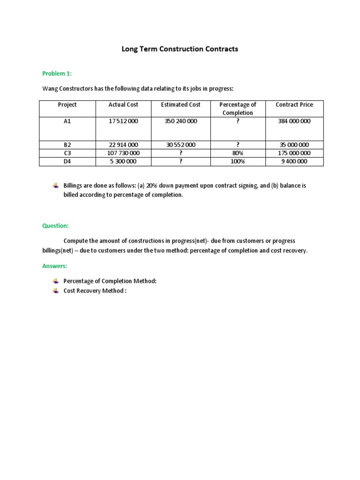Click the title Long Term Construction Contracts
pyautogui.click(x=180, y=49)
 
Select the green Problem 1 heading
pyautogui.click(x=57, y=74)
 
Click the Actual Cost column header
pyautogui.click(x=123, y=105)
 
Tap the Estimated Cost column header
pyautogui.click(x=180, y=105)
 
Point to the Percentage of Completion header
pyautogui.click(x=238, y=109)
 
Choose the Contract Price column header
pyautogui.click(x=294, y=105)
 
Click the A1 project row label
pyautogui.click(x=67, y=121)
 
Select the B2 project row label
pyautogui.click(x=67, y=145)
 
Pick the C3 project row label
pyautogui.click(x=67, y=153)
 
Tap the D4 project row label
pyautogui.click(x=67, y=162)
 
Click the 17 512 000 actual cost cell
pyautogui.click(x=123, y=121)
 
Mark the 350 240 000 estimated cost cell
pyautogui.click(x=180, y=121)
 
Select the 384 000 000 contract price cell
pyautogui.click(x=294, y=121)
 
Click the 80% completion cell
pyautogui.click(x=238, y=153)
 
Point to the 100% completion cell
pyautogui.click(x=238, y=162)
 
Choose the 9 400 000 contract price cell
pyautogui.click(x=294, y=162)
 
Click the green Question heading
pyautogui.click(x=55, y=225)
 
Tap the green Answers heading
pyautogui.click(x=54, y=266)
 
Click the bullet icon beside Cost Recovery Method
pyautogui.click(x=56, y=291)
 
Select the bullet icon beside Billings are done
pyautogui.click(x=56, y=186)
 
